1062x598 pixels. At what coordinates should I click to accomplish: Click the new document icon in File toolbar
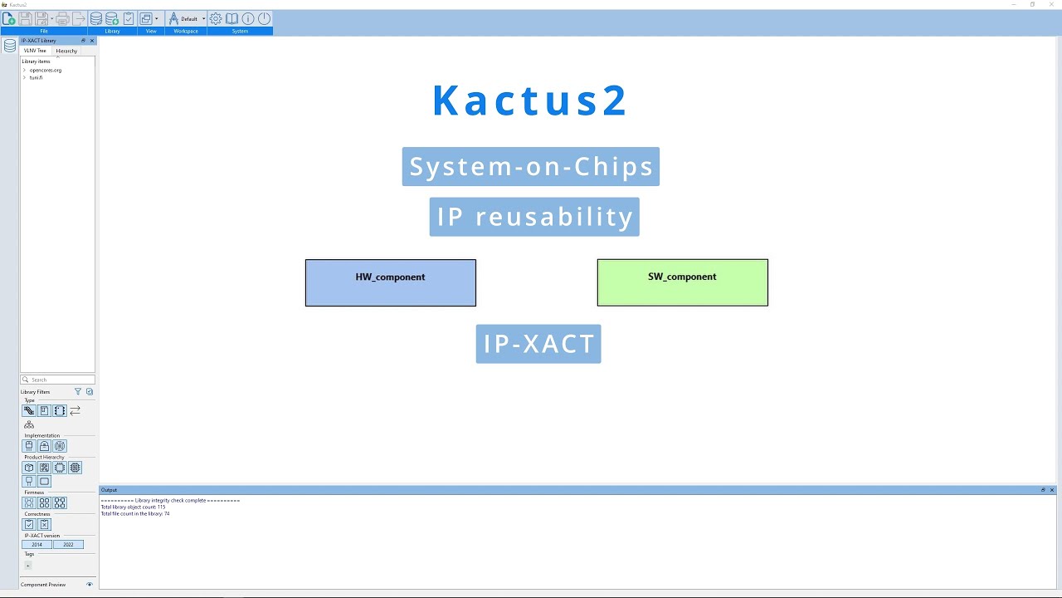[x=9, y=18]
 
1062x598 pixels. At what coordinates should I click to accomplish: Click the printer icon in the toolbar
[x=62, y=18]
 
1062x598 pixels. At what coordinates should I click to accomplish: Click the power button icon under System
[x=264, y=18]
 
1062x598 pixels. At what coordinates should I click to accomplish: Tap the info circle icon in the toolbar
[x=248, y=18]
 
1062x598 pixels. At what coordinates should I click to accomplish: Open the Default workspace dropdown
[x=203, y=18]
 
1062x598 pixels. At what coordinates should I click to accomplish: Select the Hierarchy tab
[x=66, y=51]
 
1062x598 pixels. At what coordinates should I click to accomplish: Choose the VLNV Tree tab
[x=35, y=51]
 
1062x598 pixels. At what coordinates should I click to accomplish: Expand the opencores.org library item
[x=25, y=70]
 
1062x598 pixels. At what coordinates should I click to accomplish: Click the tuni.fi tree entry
[x=36, y=77]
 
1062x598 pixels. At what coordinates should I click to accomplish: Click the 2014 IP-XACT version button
[x=37, y=545]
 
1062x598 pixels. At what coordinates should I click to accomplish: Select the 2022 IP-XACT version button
[x=68, y=545]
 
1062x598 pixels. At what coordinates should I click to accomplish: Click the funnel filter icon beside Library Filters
[x=78, y=392]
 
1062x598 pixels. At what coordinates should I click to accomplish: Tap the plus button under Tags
[x=27, y=566]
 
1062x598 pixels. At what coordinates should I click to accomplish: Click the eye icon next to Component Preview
[x=90, y=585]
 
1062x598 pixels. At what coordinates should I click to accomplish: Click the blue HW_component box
[x=390, y=282]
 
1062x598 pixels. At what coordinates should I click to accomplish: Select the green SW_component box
[x=682, y=282]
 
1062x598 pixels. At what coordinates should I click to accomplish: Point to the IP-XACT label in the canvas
[x=538, y=344]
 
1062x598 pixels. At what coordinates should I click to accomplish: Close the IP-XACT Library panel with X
[x=92, y=41]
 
